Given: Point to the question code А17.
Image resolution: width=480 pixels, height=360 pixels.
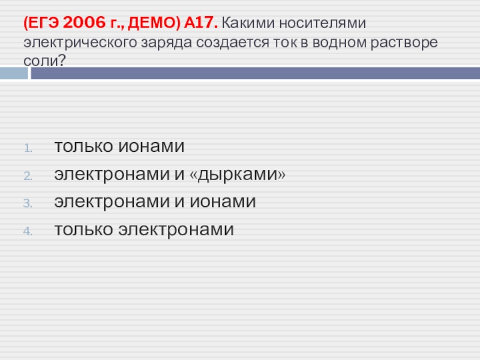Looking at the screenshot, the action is (x=201, y=23).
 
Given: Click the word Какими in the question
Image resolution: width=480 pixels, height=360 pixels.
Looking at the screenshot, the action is (x=248, y=23).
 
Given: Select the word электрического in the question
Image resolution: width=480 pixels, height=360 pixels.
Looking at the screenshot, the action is (x=80, y=43).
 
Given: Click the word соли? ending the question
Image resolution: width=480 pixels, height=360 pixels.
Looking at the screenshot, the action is (x=44, y=61).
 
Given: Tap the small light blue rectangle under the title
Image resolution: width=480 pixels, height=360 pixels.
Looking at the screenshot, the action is (x=14, y=73).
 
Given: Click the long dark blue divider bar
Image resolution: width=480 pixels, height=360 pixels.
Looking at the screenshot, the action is (x=256, y=73).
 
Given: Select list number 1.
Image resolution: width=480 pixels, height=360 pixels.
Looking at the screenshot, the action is (x=28, y=148).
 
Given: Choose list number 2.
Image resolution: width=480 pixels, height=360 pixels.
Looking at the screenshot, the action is (x=28, y=176).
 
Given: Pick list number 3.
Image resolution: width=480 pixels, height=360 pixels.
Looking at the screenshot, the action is (x=28, y=203).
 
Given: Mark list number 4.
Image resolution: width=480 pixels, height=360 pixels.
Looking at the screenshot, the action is (x=28, y=231).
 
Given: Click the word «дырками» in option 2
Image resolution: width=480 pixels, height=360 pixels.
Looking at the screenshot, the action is (x=238, y=175).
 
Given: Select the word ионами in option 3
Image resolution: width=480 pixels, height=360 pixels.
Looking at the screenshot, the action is (x=223, y=202).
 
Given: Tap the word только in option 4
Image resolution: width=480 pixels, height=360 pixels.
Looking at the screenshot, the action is (x=83, y=229).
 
